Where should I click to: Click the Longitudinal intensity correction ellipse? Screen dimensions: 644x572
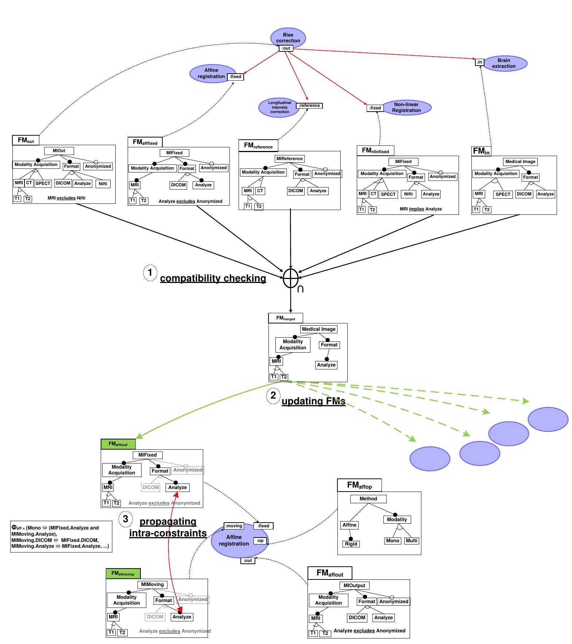tap(278, 107)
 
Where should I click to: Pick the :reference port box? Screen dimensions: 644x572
tap(309, 106)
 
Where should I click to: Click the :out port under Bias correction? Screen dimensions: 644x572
tap(286, 48)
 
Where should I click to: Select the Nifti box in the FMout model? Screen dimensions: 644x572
tap(103, 184)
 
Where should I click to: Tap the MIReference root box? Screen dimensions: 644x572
tap(289, 159)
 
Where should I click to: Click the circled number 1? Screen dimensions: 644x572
tap(150, 273)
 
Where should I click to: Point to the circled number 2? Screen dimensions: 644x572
tap(273, 396)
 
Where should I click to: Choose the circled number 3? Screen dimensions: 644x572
tap(125, 519)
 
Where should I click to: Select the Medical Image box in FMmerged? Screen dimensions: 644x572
tap(318, 329)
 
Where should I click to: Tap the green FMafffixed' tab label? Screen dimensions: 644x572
tap(118, 444)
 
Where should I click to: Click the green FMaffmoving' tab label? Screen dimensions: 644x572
tap(123, 573)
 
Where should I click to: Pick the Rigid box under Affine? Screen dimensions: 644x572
tap(351, 544)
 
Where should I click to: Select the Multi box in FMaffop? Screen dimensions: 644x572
tap(411, 540)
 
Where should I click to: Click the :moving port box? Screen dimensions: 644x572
tap(234, 526)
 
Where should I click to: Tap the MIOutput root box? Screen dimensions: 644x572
tap(354, 585)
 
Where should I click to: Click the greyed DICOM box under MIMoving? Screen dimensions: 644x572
tap(155, 617)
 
